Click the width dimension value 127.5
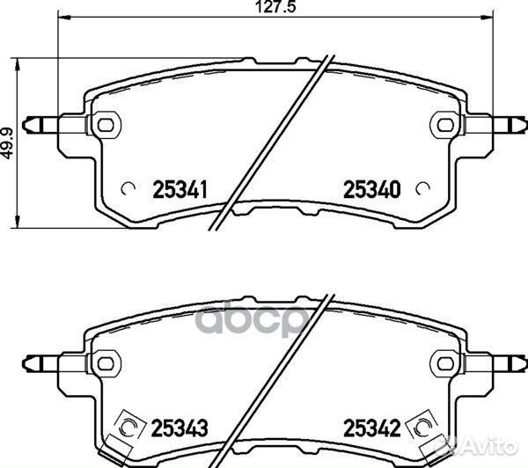(275, 7)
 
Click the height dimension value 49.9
(7, 143)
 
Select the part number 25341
(180, 189)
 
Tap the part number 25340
(371, 189)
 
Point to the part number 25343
(180, 428)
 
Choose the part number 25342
(371, 428)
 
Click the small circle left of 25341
(128, 189)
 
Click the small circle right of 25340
(422, 189)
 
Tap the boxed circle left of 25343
(129, 428)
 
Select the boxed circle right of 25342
(422, 428)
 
